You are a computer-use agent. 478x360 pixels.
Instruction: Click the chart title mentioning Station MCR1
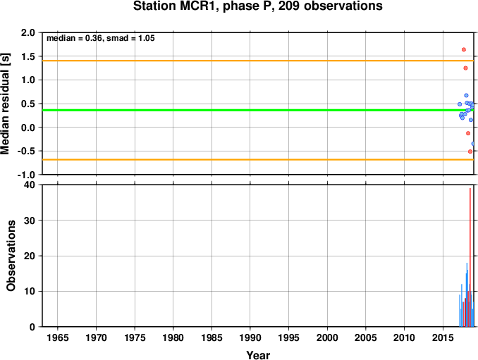click(x=257, y=6)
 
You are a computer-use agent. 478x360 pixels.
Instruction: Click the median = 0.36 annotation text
click(x=74, y=38)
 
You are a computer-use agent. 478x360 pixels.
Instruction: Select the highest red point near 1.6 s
click(x=464, y=49)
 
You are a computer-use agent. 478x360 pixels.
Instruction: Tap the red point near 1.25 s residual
click(x=465, y=68)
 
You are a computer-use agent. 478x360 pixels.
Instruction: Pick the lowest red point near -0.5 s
click(x=470, y=151)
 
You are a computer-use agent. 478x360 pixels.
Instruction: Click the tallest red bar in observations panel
click(x=470, y=257)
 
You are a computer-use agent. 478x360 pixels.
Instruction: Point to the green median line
click(x=258, y=110)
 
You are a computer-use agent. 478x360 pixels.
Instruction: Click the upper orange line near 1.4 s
click(x=258, y=61)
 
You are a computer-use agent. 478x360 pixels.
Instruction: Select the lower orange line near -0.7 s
click(x=258, y=160)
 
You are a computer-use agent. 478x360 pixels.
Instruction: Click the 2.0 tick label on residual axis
click(x=28, y=32)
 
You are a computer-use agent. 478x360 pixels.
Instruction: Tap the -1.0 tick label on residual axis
click(x=26, y=175)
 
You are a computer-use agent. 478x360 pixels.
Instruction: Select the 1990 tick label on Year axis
click(x=250, y=337)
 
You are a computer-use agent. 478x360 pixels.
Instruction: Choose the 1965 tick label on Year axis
click(x=58, y=337)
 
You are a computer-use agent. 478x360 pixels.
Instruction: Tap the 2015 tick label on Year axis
click(x=443, y=337)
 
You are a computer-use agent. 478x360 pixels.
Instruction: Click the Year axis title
click(x=258, y=355)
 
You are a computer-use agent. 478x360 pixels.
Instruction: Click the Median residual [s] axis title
click(x=6, y=104)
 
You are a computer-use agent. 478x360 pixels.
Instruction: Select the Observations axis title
click(x=11, y=256)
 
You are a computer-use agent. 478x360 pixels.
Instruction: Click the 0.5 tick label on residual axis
click(x=28, y=104)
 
